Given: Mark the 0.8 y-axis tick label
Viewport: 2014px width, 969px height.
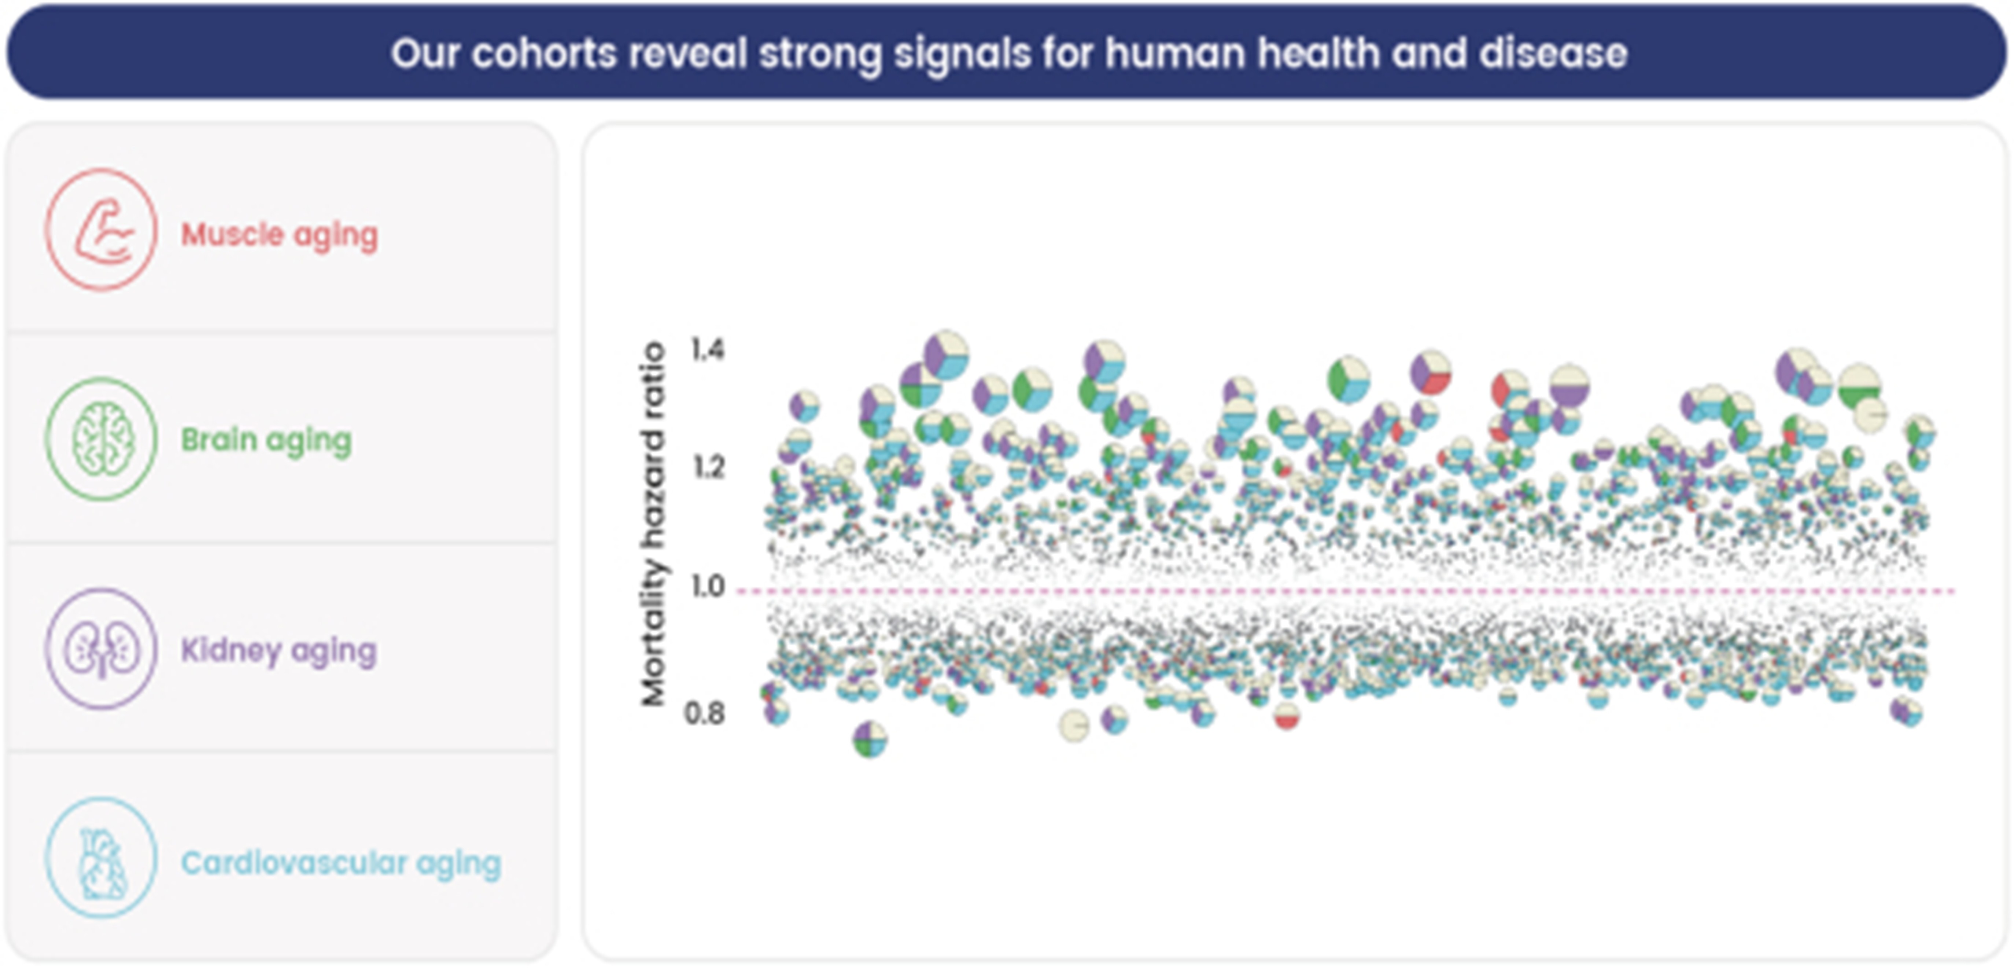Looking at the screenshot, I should click(x=704, y=713).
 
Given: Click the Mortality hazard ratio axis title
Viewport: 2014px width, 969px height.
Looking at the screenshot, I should click(x=653, y=524).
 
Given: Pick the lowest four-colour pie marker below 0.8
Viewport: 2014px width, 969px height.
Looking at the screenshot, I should click(x=869, y=739).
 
